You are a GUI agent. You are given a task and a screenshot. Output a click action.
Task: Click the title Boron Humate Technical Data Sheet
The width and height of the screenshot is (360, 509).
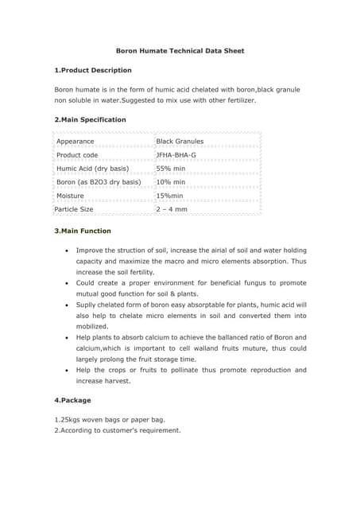click(180, 51)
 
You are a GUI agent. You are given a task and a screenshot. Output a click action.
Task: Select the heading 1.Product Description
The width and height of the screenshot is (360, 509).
click(92, 70)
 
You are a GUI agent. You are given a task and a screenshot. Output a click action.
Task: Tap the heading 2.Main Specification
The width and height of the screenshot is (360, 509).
click(90, 119)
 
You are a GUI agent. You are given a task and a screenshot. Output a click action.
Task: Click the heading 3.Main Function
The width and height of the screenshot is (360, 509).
click(83, 231)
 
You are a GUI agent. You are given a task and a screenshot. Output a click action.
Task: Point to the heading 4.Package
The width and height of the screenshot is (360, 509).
click(72, 399)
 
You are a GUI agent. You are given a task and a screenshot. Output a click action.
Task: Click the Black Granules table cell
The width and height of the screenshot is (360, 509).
click(180, 142)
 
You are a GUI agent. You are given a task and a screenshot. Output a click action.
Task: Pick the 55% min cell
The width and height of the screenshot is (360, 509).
click(171, 169)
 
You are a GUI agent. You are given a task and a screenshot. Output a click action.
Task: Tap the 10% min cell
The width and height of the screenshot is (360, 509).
click(171, 182)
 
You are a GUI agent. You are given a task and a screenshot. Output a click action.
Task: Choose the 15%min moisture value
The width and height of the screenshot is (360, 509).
click(170, 196)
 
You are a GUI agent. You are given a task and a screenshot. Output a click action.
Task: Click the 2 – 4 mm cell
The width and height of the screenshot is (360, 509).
click(172, 209)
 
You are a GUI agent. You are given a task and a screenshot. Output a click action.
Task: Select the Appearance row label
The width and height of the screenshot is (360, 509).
click(75, 142)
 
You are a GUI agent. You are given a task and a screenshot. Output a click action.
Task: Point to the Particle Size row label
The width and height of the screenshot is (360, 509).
click(74, 209)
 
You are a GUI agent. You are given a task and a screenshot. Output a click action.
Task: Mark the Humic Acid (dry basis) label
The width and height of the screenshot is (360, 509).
click(92, 169)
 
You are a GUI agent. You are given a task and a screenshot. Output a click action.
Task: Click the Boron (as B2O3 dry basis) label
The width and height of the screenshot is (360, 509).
click(99, 182)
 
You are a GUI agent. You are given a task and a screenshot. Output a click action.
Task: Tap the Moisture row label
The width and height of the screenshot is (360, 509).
click(71, 196)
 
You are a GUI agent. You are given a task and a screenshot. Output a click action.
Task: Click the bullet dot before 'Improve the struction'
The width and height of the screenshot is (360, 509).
click(66, 250)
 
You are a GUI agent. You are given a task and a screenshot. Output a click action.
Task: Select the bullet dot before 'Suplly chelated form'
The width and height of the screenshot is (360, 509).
click(66, 305)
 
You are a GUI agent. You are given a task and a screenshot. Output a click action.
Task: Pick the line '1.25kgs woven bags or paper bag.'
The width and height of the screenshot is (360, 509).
click(110, 419)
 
